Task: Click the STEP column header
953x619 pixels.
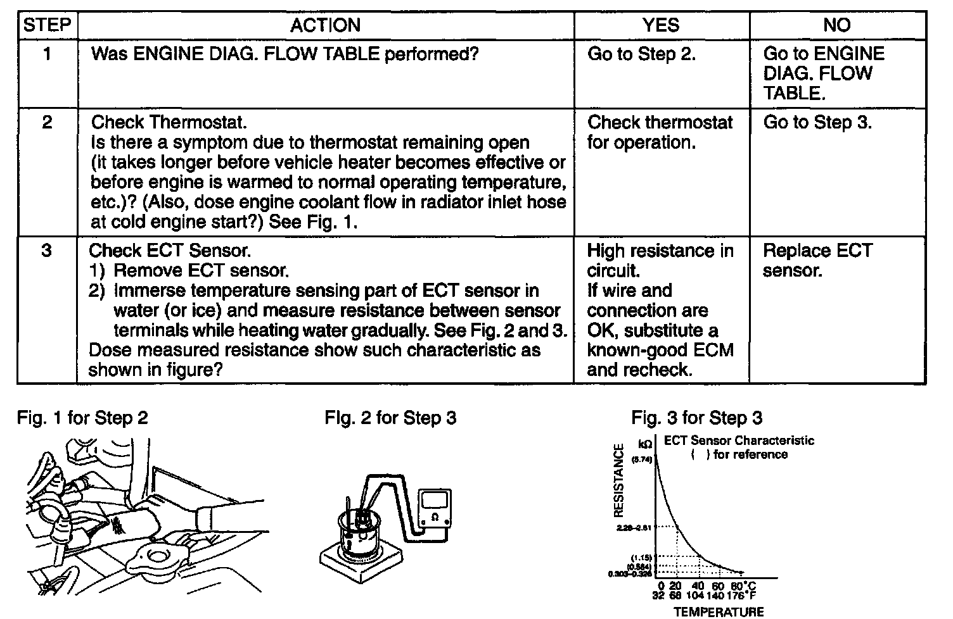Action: tap(46, 26)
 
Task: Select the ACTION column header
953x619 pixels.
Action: tap(326, 26)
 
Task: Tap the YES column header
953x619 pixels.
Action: tap(661, 26)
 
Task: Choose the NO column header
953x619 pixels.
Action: tap(836, 26)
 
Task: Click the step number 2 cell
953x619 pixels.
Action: tap(46, 122)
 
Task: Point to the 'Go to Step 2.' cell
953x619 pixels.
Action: tap(641, 54)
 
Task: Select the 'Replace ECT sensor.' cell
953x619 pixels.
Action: tap(817, 261)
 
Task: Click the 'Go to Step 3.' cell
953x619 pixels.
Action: tap(817, 122)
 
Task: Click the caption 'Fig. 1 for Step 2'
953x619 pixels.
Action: tap(82, 418)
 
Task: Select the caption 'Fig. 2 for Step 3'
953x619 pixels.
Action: tap(390, 418)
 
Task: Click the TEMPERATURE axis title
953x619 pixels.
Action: tap(719, 611)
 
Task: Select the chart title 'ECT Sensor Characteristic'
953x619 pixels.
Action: tap(739, 441)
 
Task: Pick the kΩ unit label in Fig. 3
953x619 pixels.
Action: tap(645, 445)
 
